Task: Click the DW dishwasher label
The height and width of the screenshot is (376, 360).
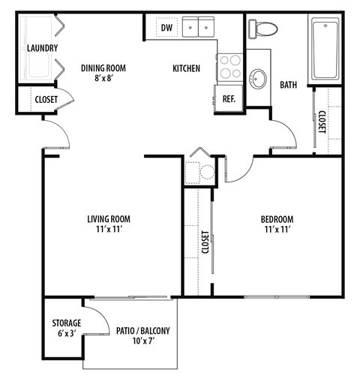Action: click(166, 28)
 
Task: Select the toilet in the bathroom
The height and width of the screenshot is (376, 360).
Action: click(262, 28)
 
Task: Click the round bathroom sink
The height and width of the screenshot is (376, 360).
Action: click(259, 77)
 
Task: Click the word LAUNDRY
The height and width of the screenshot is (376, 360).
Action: click(42, 49)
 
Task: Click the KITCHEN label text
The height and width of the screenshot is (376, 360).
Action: click(186, 69)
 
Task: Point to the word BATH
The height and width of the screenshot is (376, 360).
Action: click(289, 86)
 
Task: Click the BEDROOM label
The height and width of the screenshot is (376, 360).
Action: click(278, 219)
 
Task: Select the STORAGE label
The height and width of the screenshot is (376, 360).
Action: click(67, 323)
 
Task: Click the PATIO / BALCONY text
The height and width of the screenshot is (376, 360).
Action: click(142, 330)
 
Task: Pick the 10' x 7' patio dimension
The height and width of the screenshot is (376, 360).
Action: click(142, 341)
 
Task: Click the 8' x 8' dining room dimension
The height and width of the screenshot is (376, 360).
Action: click(103, 78)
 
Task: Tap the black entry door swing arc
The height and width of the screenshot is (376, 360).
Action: click(56, 135)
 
